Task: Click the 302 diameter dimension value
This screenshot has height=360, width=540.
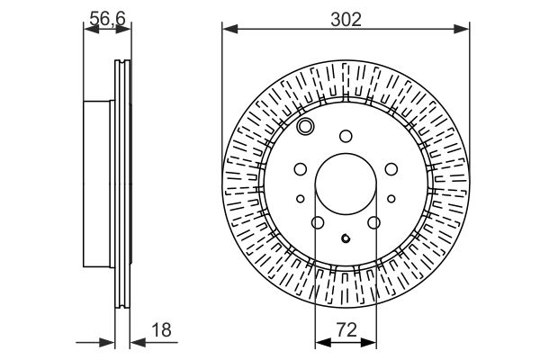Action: tap(346, 20)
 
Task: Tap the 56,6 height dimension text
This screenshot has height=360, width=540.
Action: tap(107, 18)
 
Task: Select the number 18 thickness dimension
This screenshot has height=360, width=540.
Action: tap(161, 329)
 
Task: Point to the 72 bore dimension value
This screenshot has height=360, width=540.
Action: tap(346, 329)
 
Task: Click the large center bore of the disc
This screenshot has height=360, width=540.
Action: tap(346, 184)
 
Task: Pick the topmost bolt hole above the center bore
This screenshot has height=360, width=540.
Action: tap(346, 136)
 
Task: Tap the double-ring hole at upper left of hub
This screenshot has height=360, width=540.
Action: tap(305, 126)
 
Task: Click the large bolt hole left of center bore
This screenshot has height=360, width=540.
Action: tap(301, 169)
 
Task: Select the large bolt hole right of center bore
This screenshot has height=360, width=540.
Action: tap(391, 169)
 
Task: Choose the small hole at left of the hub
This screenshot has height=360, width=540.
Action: tap(301, 199)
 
